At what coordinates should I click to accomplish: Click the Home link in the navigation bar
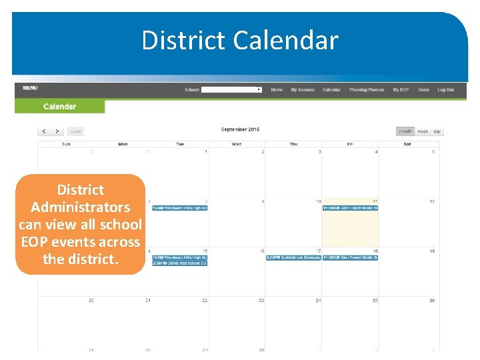pos(277,89)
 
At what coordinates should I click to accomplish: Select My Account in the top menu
pos(302,89)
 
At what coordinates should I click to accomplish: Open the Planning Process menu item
pos(367,89)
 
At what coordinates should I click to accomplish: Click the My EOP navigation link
pos(401,89)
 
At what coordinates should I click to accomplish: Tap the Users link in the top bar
pos(423,89)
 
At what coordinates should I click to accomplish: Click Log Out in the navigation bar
pos(445,89)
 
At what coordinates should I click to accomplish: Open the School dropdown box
pos(231,89)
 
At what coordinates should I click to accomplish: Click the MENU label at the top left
pos(30,88)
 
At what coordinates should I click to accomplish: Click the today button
pos(76,131)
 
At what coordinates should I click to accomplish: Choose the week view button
pos(423,131)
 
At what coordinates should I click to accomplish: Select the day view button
pos(437,131)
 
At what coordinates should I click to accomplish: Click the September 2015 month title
pos(240,129)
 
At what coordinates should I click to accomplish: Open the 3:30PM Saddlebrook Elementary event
pos(293,258)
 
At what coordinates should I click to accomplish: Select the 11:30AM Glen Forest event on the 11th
pos(350,208)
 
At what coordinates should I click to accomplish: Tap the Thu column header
pos(293,144)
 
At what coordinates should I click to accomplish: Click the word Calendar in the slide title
pos(286,41)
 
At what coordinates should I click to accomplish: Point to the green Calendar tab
pos(59,106)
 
